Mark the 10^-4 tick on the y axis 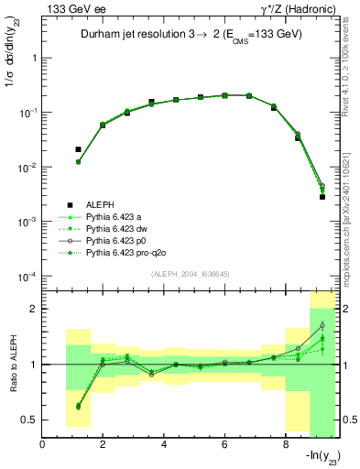(27, 278)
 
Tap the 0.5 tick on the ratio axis (29, 420)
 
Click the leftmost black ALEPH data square (78, 149)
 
